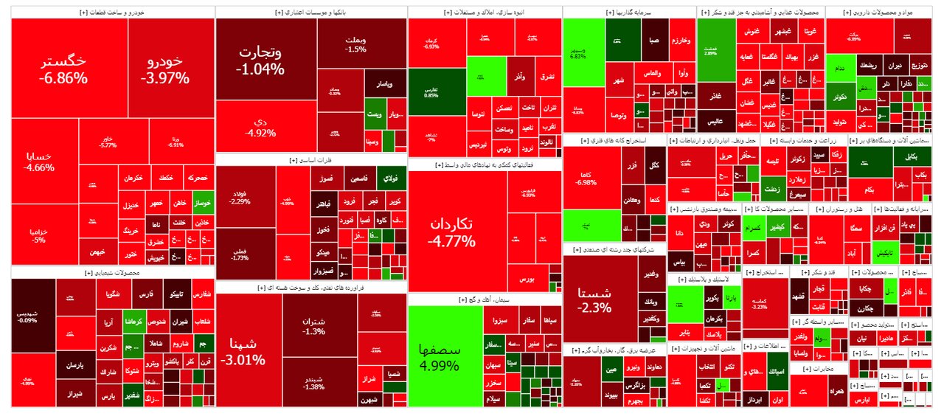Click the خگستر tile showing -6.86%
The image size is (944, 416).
(x=65, y=69)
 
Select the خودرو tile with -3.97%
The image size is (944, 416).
(x=167, y=69)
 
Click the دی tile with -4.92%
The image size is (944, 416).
(x=260, y=127)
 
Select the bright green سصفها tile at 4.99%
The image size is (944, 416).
(x=439, y=356)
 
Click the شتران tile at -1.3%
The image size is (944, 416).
(x=313, y=326)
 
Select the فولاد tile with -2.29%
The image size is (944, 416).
(x=239, y=197)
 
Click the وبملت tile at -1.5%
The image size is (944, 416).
(x=355, y=44)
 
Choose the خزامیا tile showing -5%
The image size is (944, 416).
(x=38, y=235)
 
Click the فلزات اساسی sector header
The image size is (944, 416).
(x=310, y=159)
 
